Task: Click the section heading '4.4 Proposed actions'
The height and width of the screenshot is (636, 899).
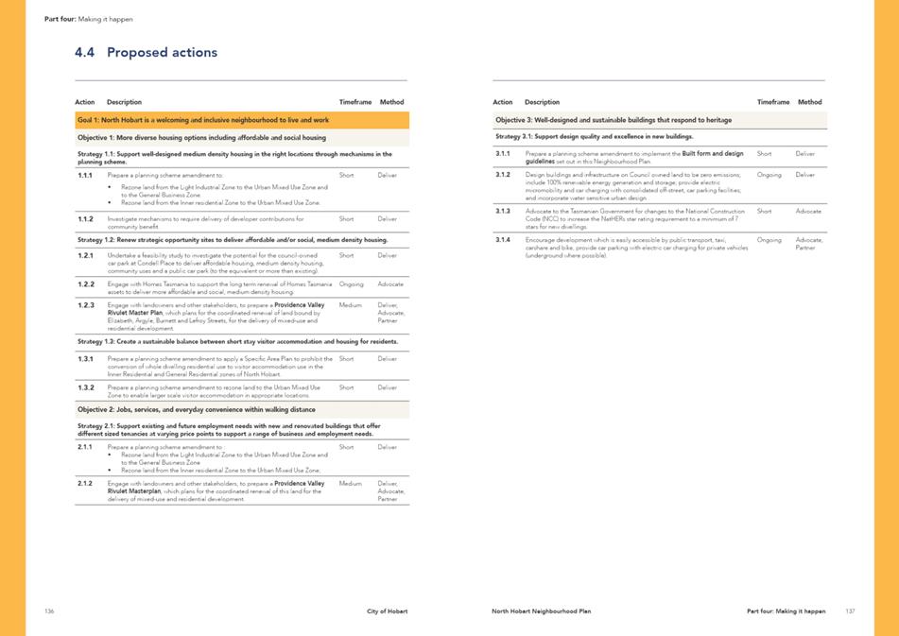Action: click(146, 53)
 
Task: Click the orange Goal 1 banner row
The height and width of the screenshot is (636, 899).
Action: click(242, 120)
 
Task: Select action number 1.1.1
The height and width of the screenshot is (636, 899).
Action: click(85, 175)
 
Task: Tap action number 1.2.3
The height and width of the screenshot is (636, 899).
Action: click(85, 305)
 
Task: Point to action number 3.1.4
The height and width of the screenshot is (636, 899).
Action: click(503, 240)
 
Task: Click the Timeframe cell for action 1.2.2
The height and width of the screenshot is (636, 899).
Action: click(351, 284)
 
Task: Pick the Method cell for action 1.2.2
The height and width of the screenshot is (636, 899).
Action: click(390, 284)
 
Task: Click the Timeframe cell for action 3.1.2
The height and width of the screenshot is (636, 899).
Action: click(769, 175)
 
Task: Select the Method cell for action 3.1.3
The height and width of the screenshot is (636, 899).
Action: click(808, 211)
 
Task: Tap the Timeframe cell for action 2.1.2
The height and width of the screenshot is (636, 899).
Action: click(350, 483)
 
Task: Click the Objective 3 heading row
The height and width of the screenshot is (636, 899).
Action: click(659, 120)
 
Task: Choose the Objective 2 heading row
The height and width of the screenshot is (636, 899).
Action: click(242, 409)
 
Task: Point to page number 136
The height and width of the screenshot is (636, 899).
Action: click(49, 611)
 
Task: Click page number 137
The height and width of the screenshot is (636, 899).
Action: click(850, 611)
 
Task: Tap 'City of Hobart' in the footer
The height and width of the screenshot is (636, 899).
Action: click(388, 611)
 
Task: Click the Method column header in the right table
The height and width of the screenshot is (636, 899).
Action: click(809, 102)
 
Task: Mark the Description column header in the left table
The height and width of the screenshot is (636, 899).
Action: click(124, 102)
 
